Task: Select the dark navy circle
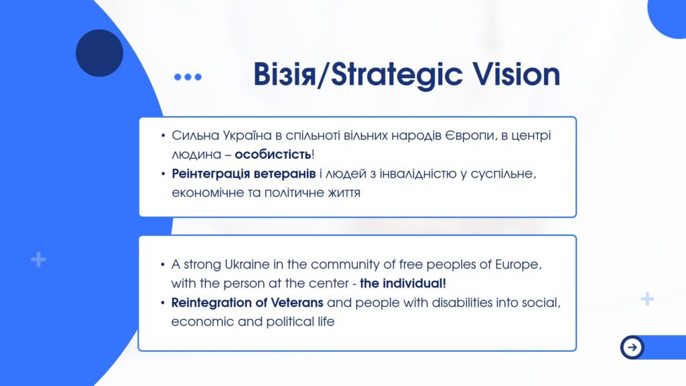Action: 99,53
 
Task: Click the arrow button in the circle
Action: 632,348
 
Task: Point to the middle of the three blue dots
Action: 188,77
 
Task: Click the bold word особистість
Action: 273,155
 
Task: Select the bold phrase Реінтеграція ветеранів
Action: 244,174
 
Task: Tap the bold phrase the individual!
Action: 403,283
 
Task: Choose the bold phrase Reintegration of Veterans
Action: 247,302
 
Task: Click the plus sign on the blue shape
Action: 38,259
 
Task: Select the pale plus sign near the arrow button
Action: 647,299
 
